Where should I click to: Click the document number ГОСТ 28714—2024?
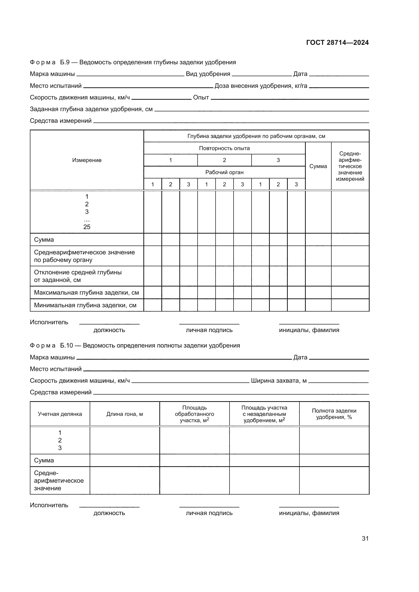click(x=337, y=43)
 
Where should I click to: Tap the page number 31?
click(x=365, y=538)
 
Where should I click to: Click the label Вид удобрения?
click(x=208, y=74)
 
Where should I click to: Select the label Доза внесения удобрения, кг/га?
click(x=261, y=86)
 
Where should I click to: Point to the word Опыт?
click(x=201, y=97)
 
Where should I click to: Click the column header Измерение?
click(x=87, y=160)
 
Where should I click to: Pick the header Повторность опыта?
click(x=224, y=148)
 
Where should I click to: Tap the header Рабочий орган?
click(x=224, y=172)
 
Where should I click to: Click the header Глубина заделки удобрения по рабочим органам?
click(x=256, y=136)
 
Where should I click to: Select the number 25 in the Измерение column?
click(x=87, y=227)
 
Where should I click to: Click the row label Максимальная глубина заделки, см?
click(x=86, y=293)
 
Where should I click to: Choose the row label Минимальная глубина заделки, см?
click(x=85, y=305)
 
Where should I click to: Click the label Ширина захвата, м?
click(x=279, y=381)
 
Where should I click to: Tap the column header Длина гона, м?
click(x=125, y=414)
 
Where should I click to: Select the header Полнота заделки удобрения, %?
click(x=334, y=414)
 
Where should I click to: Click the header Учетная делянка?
click(x=60, y=414)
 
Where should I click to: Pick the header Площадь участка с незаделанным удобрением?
click(x=264, y=414)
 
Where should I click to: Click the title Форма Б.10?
click(x=135, y=345)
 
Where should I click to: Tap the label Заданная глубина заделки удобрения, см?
click(x=91, y=109)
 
